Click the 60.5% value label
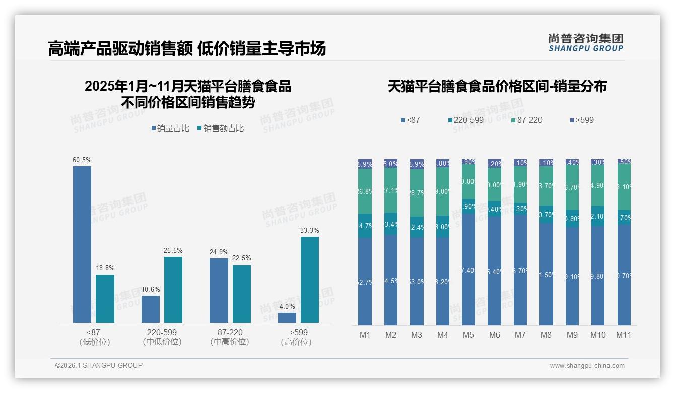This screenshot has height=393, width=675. (82, 160)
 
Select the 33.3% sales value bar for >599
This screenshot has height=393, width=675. (310, 280)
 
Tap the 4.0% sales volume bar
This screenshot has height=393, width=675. (287, 318)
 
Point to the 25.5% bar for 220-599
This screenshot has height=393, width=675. (173, 290)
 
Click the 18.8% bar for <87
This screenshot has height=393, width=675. (105, 298)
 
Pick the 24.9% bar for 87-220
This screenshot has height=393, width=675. (219, 290)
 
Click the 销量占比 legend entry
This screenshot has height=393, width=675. (170, 128)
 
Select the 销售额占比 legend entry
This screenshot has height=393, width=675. (221, 128)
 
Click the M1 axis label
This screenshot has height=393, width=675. (365, 335)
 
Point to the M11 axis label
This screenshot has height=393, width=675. (624, 335)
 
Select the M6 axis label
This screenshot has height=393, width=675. (494, 335)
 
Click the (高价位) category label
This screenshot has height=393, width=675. (296, 342)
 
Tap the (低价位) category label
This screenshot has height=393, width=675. (95, 342)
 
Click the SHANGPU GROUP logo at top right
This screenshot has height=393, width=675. (585, 43)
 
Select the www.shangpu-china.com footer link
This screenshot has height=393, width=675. (587, 366)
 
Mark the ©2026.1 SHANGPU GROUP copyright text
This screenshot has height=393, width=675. (99, 365)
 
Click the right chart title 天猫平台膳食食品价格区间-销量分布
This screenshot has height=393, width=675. (497, 87)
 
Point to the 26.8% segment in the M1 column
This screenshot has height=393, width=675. (365, 191)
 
